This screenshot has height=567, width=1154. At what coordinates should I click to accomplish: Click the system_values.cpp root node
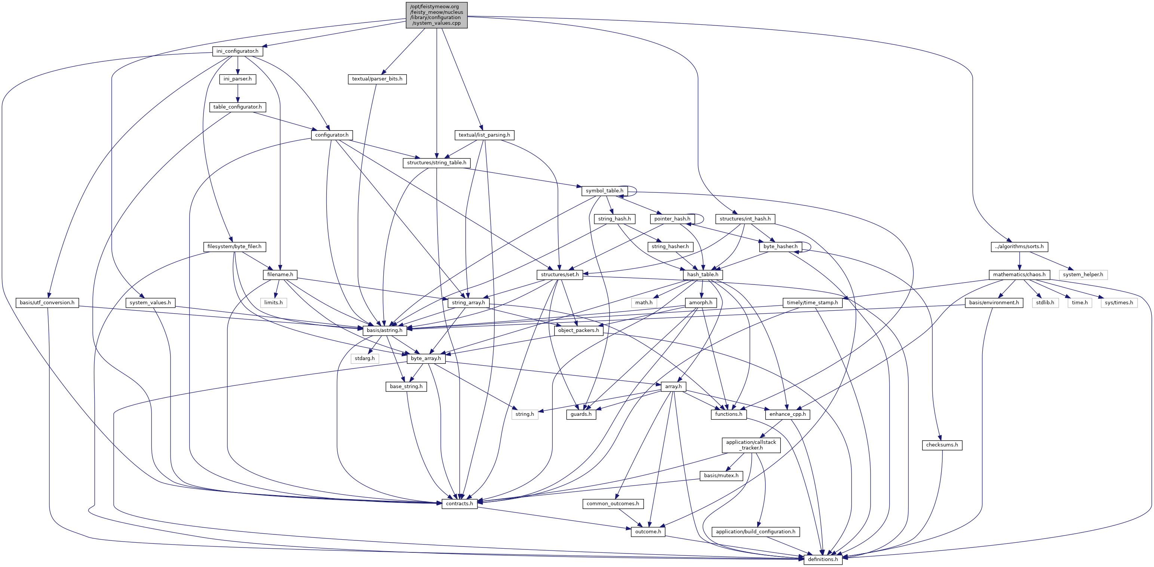click(436, 15)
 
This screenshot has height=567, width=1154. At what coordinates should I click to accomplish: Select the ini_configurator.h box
click(237, 51)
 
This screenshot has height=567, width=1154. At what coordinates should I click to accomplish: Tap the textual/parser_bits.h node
click(377, 79)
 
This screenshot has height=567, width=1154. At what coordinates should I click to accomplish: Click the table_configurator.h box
click(237, 107)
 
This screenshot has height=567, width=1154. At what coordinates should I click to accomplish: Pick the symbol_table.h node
click(604, 191)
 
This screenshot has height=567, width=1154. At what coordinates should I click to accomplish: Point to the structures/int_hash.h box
click(745, 219)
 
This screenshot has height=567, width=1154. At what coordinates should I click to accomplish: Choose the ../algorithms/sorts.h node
click(1019, 247)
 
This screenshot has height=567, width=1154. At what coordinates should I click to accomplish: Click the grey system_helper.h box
click(1083, 274)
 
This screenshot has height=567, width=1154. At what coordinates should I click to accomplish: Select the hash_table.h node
click(702, 274)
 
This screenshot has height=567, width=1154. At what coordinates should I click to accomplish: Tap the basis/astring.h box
click(384, 330)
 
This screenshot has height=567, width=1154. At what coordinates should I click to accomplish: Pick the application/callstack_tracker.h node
click(751, 445)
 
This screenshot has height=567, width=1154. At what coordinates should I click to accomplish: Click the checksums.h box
click(942, 445)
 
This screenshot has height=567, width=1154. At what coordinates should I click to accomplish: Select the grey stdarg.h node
click(365, 359)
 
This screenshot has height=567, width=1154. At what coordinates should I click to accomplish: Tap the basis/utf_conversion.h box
click(47, 302)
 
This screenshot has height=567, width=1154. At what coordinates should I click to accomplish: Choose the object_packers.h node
click(578, 330)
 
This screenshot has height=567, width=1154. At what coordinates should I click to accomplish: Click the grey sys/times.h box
click(1118, 302)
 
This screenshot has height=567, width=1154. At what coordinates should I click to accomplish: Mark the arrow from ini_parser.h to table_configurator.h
click(237, 93)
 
